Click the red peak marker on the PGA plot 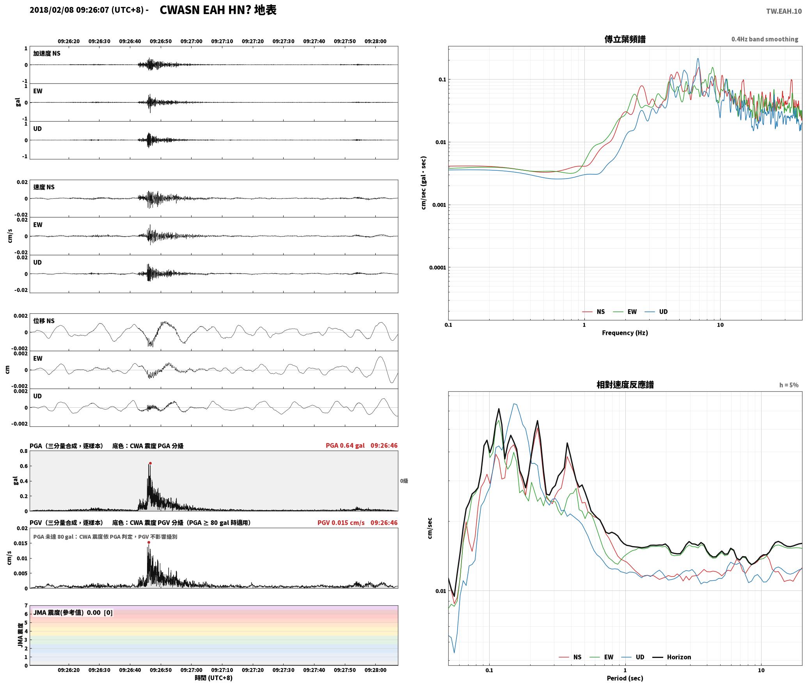[x=150, y=463]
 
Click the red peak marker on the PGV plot [x=149, y=543]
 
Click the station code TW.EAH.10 [x=784, y=11]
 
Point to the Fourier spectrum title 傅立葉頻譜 [x=625, y=39]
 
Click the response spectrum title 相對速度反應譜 [x=625, y=385]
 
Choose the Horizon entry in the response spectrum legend [x=672, y=657]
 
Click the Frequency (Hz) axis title [x=625, y=333]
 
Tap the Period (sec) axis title [x=625, y=678]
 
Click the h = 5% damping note [x=789, y=385]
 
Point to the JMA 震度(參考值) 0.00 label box [x=73, y=613]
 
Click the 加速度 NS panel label [x=47, y=53]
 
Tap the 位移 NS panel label [x=44, y=321]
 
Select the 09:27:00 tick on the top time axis [x=192, y=41]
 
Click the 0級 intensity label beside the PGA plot [x=404, y=481]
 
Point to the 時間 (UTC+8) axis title [x=214, y=678]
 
